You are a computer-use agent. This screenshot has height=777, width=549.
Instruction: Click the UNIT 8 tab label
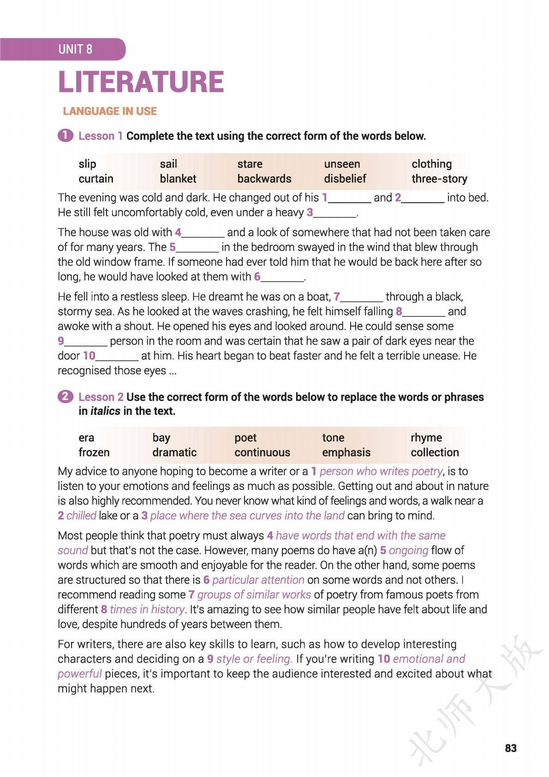coord(75,49)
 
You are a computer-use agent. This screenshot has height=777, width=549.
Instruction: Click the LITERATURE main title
coord(141,82)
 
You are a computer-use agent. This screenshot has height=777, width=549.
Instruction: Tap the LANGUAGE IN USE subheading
coord(110,111)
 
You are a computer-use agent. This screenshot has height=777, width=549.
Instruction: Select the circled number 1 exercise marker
coord(66,136)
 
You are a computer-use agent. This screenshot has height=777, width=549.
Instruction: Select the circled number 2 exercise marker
coord(66,397)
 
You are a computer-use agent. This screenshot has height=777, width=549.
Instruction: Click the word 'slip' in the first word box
coord(87,164)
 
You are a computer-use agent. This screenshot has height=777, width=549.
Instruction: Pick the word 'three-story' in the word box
coord(439,179)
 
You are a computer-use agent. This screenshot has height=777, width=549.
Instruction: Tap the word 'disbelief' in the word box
coord(345,179)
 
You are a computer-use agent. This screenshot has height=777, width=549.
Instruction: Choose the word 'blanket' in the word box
coord(178,179)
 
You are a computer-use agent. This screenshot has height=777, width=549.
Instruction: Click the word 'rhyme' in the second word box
coord(426,437)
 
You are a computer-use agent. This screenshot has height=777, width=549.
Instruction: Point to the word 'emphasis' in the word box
coord(346,452)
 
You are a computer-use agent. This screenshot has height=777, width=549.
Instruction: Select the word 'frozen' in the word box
coord(94,452)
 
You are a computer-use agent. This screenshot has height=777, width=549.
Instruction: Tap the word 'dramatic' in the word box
coord(174,452)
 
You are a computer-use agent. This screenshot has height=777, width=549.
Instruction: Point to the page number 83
coord(511,748)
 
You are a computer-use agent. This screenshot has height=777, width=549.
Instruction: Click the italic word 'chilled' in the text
coord(81,515)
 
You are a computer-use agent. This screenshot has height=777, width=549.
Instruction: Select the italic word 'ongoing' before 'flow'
coord(408,550)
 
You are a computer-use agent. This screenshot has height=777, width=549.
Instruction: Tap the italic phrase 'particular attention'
coord(258,580)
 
